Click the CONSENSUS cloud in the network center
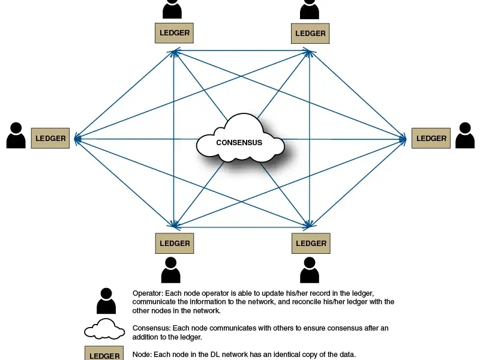pyautogui.click(x=241, y=139)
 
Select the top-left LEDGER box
pyautogui.click(x=174, y=33)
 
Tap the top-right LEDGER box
pyautogui.click(x=310, y=34)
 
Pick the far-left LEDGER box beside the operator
pyautogui.click(x=50, y=138)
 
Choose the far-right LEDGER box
pyautogui.click(x=431, y=138)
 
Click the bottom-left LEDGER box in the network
pyautogui.click(x=175, y=244)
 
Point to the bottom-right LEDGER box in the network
pyautogui.click(x=311, y=244)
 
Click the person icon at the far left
pyautogui.click(x=16, y=136)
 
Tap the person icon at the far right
pyautogui.click(x=465, y=136)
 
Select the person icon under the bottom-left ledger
pyautogui.click(x=171, y=270)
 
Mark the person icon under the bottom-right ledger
pyautogui.click(x=310, y=270)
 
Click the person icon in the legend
pyautogui.click(x=106, y=301)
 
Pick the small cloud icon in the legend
pyautogui.click(x=104, y=329)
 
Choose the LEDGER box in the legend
pyautogui.click(x=104, y=353)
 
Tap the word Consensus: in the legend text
pyautogui.click(x=152, y=328)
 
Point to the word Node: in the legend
pyautogui.click(x=142, y=355)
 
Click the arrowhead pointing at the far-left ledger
pyautogui.click(x=77, y=139)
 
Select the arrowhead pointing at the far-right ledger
pyautogui.click(x=403, y=139)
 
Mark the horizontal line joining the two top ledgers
pyautogui.click(x=242, y=50)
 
